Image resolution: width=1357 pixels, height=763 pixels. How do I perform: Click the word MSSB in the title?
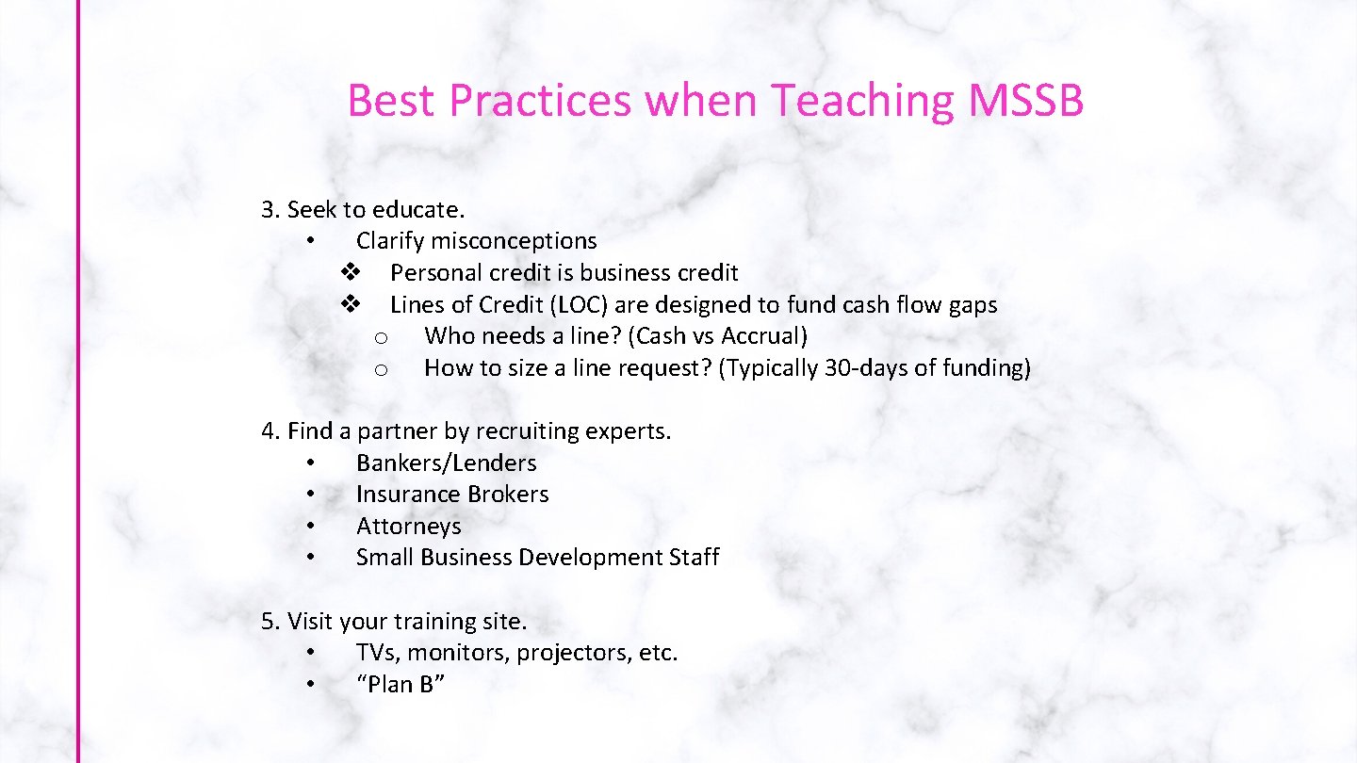tap(1025, 101)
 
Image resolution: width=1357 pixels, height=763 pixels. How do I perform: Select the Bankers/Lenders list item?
tap(446, 463)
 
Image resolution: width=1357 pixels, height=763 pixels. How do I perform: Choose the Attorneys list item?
tap(408, 527)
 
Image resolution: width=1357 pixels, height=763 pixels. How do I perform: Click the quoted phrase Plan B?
tap(401, 685)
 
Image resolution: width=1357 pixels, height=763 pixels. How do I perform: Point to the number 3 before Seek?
tap(269, 209)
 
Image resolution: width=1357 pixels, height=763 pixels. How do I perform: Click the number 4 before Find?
tap(270, 431)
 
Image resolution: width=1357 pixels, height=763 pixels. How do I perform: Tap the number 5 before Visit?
tap(270, 622)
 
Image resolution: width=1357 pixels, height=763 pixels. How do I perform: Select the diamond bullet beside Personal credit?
tap(351, 273)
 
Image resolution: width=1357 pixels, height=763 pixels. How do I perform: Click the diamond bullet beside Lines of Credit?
tap(351, 304)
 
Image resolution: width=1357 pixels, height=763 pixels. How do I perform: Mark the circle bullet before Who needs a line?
tap(382, 337)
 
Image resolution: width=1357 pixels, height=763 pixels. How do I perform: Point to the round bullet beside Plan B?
tap(310, 685)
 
